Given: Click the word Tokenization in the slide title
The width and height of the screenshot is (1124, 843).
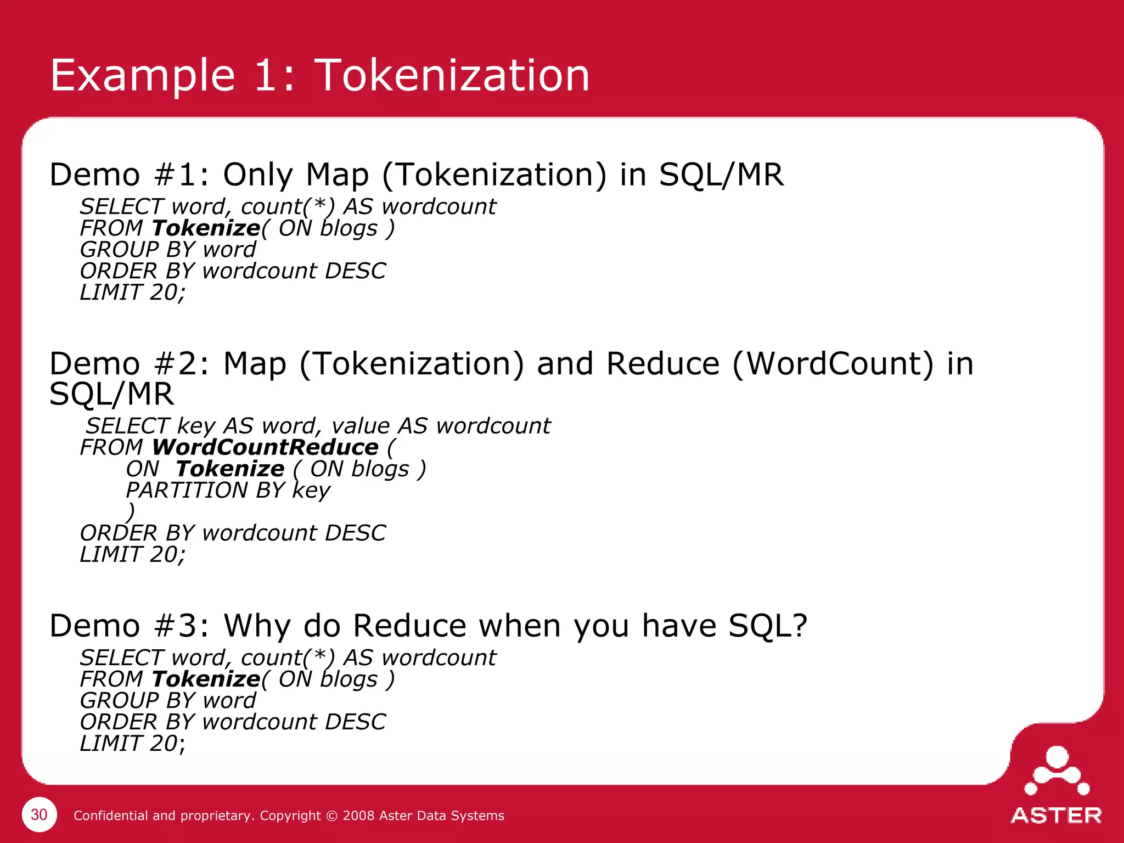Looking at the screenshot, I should tap(452, 75).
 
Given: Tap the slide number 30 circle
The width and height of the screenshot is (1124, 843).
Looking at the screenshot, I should tap(39, 814).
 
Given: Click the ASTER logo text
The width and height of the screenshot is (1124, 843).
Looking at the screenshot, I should tap(1056, 816).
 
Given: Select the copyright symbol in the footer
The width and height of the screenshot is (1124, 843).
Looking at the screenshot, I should tap(331, 816).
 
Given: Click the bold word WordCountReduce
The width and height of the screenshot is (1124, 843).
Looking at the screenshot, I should tap(265, 447).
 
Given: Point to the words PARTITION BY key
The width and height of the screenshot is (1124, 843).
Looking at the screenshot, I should tap(228, 490).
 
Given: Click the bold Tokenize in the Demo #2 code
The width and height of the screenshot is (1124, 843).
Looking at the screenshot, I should tap(230, 469).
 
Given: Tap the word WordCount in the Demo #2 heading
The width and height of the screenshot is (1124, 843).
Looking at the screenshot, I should tap(833, 363).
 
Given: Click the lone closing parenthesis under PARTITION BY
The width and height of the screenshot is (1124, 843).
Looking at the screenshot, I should tap(130, 512).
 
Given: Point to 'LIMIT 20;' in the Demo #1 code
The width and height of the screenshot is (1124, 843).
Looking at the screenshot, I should tap(132, 292).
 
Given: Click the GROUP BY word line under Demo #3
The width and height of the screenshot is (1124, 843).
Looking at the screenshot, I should tap(167, 700).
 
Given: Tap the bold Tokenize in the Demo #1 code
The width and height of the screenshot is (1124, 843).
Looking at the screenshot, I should tap(206, 228).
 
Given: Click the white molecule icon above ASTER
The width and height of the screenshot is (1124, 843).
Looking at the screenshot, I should tap(1056, 771).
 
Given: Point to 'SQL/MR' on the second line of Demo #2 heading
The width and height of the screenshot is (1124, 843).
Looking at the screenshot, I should tap(111, 394).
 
